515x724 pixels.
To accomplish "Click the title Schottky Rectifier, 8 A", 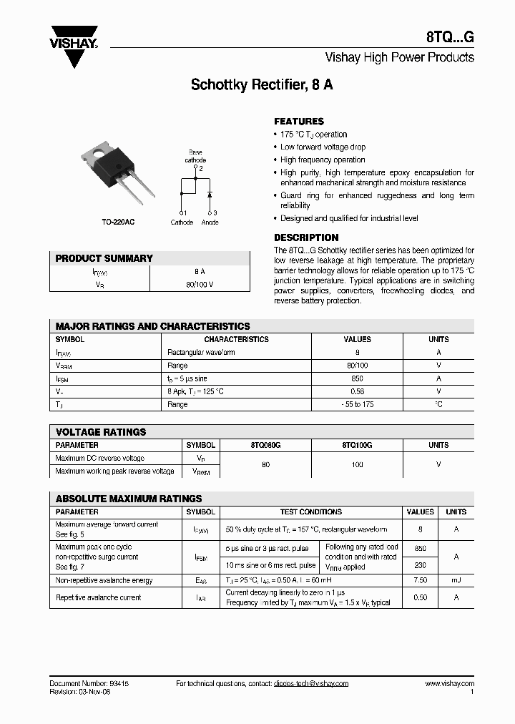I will (262, 85).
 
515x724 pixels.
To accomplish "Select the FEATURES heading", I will (299, 122).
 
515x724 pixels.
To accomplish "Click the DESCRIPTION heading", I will (306, 238).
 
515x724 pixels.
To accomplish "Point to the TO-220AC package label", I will (119, 222).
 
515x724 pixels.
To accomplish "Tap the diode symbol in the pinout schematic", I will (209, 194).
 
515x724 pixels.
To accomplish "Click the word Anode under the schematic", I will (210, 222).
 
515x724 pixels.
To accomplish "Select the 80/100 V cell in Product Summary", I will (200, 284).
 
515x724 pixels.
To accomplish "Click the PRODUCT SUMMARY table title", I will (104, 258).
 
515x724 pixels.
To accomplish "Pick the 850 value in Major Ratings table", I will (358, 378).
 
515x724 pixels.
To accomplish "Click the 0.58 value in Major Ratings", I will (358, 391).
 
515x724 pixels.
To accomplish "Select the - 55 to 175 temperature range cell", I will (358, 404).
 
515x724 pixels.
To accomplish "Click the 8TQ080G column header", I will (265, 445).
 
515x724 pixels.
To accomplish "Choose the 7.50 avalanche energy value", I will (420, 580).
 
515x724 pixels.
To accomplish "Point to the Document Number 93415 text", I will (89, 684).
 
